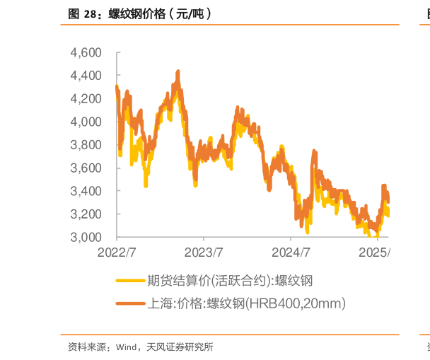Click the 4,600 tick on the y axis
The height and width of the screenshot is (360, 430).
click(x=87, y=53)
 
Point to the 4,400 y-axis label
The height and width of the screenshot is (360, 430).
click(x=87, y=76)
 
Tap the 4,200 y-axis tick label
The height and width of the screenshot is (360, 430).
click(x=87, y=99)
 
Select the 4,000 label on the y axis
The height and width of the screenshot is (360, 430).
click(x=87, y=122)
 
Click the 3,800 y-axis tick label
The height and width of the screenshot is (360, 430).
click(x=87, y=145)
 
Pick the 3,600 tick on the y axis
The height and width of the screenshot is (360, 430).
click(x=87, y=168)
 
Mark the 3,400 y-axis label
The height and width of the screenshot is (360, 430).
click(x=87, y=191)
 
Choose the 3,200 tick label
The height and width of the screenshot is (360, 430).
click(x=87, y=214)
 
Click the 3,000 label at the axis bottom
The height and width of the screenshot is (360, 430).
click(x=87, y=237)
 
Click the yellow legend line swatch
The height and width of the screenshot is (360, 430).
click(x=130, y=281)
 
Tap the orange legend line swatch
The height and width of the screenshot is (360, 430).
click(x=130, y=304)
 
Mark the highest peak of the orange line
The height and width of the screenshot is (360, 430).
click(x=178, y=71)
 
